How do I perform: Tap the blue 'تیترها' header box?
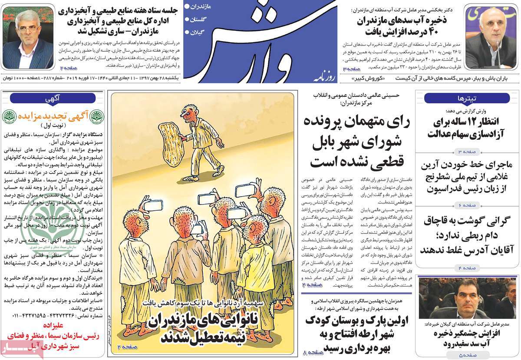point(467,98)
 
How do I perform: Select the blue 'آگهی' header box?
point(52,98)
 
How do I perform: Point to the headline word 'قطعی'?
point(388,162)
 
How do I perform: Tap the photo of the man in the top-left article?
point(27,38)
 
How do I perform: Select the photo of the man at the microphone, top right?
point(491,38)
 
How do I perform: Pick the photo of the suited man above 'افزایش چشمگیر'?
point(467,299)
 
